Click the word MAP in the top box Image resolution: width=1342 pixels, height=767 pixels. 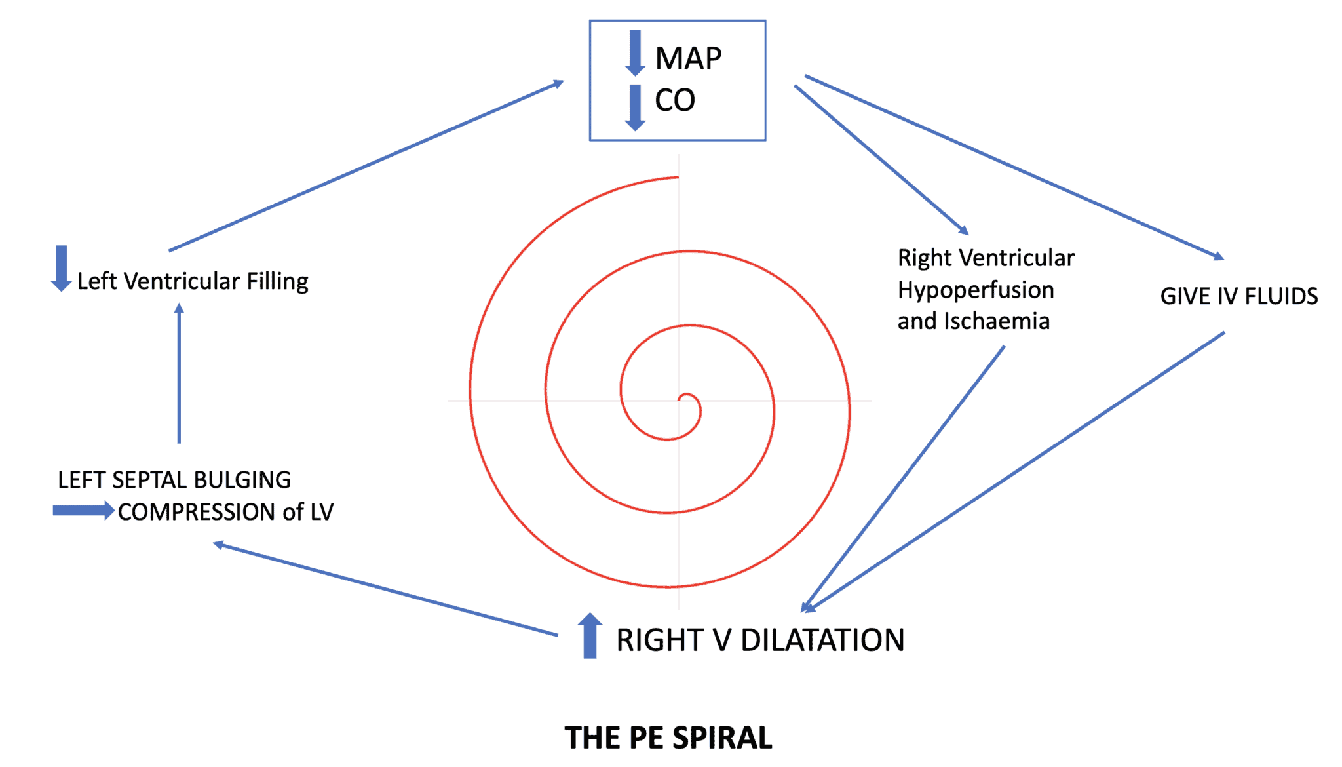click(688, 58)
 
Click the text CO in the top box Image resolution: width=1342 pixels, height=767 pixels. click(674, 100)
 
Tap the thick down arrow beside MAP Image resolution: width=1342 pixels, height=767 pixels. click(635, 52)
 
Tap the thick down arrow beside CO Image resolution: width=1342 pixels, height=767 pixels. click(635, 107)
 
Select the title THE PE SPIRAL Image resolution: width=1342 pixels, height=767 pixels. click(668, 737)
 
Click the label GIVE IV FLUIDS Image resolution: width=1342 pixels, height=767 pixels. click(1238, 296)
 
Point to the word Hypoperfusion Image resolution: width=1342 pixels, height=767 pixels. click(975, 290)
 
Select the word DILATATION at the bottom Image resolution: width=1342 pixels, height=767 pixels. click(822, 640)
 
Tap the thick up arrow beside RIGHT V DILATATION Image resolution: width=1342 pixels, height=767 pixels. click(590, 635)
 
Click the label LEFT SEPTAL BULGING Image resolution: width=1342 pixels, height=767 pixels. click(174, 480)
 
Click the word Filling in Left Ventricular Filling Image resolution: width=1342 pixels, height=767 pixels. click(277, 281)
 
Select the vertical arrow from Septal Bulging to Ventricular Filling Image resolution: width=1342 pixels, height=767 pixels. click(179, 374)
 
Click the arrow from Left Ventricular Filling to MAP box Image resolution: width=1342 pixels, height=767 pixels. click(366, 166)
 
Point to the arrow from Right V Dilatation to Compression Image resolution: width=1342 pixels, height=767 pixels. click(387, 589)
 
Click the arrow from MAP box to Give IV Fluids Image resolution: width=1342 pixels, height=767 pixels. click(1014, 167)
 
